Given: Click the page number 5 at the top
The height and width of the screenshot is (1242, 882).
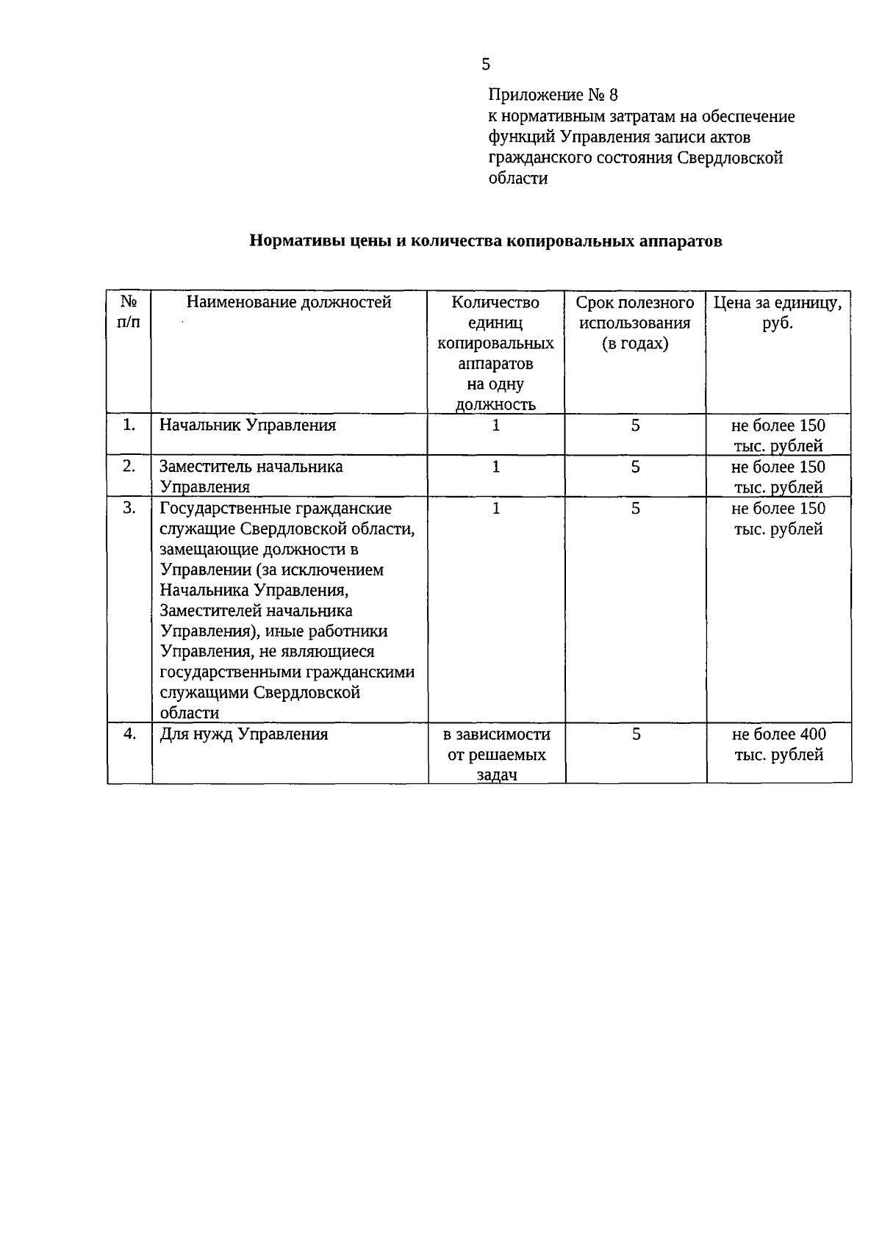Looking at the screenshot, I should pyautogui.click(x=486, y=65).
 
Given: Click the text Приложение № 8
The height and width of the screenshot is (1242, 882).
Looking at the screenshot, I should pyautogui.click(x=553, y=96).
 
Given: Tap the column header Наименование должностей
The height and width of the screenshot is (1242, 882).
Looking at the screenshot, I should pyautogui.click(x=289, y=302).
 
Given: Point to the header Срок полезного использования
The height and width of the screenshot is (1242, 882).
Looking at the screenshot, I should pyautogui.click(x=635, y=323).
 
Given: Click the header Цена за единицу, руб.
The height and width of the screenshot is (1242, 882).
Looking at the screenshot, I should pyautogui.click(x=778, y=312).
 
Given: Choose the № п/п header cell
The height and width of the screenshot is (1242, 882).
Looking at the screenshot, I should pyautogui.click(x=129, y=312).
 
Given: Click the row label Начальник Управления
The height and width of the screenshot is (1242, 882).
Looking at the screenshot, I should pyautogui.click(x=248, y=425).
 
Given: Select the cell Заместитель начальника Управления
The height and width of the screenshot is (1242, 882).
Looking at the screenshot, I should pyautogui.click(x=251, y=476).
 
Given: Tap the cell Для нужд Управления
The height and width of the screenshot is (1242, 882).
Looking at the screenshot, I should pyautogui.click(x=244, y=733).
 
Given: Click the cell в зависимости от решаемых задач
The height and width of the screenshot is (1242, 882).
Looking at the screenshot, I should pyautogui.click(x=497, y=754).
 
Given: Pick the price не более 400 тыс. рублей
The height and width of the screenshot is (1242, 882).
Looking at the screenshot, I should pyautogui.click(x=779, y=744).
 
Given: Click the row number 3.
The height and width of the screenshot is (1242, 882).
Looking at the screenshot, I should pyautogui.click(x=129, y=508).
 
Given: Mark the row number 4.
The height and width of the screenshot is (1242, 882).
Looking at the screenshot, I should pyautogui.click(x=129, y=733).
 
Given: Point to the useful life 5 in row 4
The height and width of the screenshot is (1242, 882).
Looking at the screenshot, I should pyautogui.click(x=636, y=733).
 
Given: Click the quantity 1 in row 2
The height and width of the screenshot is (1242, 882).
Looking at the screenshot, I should pyautogui.click(x=496, y=467).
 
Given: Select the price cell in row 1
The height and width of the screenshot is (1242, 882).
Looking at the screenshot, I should pyautogui.click(x=778, y=435).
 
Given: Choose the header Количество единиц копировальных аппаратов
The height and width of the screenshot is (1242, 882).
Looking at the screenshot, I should pyautogui.click(x=495, y=353).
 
